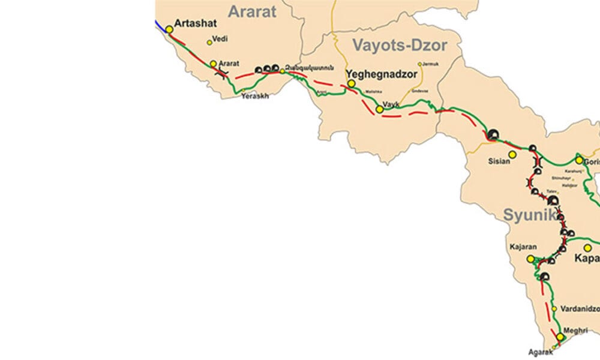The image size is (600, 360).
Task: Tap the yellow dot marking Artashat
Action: click(169, 29)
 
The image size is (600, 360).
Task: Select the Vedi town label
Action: click(220, 38)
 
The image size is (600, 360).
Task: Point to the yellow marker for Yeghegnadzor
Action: click(351, 83)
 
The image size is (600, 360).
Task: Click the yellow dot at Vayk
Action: click(379, 109)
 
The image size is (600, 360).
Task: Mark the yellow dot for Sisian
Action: click(512, 154)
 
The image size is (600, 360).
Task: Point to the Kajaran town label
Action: click(521, 247)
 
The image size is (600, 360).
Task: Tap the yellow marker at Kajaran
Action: click(530, 259)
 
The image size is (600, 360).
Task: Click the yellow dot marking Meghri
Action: click(560, 337)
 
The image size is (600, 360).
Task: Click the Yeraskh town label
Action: click(255, 95)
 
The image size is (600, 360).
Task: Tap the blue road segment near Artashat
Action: click(160, 25)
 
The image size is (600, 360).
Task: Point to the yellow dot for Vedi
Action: click(209, 42)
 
